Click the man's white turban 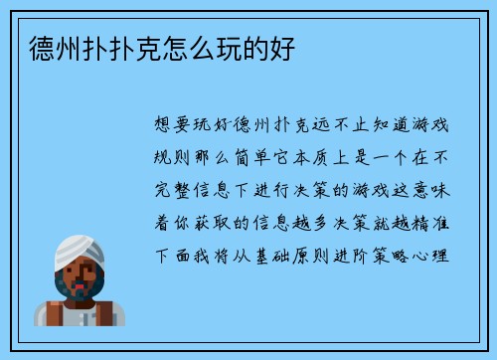(79, 250)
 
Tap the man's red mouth (81, 282)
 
